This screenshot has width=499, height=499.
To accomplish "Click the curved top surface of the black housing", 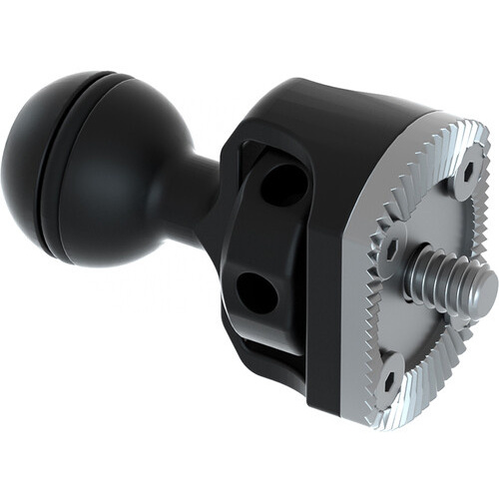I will [339, 105].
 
